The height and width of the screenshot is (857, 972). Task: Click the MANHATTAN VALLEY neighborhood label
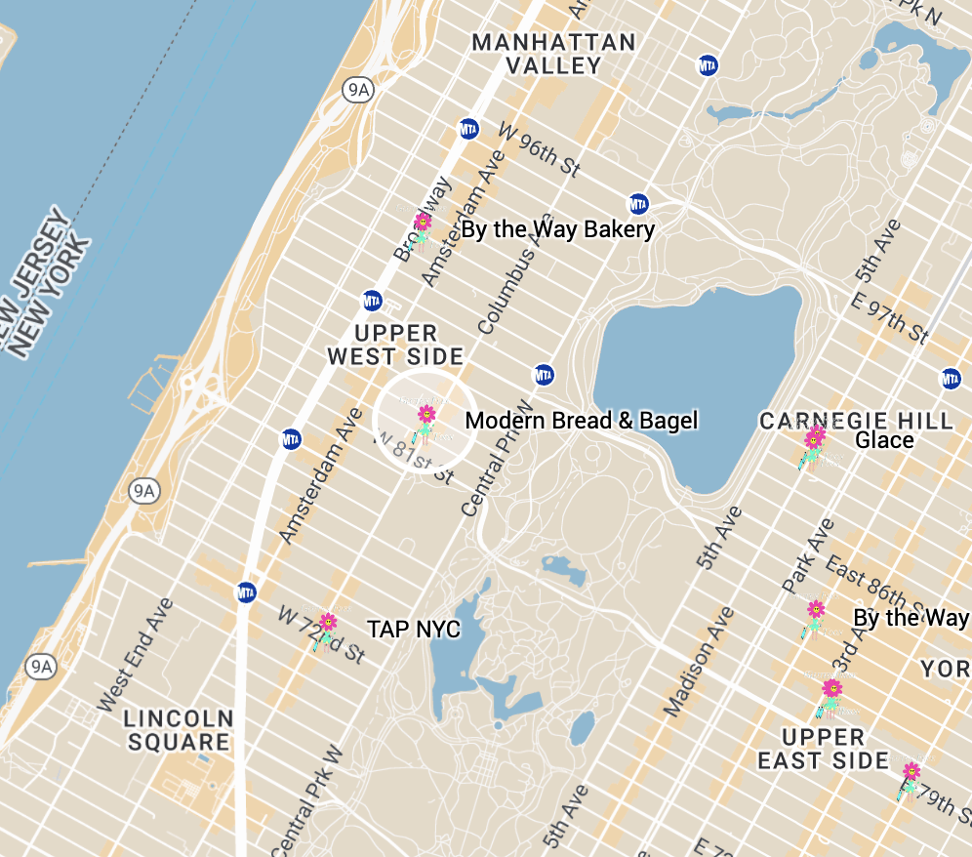(553, 55)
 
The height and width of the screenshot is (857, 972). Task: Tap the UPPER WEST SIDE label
(395, 346)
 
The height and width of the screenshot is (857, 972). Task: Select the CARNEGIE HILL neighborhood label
(856, 421)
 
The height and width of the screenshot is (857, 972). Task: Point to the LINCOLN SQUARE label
(179, 730)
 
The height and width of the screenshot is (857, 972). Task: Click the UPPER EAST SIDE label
(823, 748)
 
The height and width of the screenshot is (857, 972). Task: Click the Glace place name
(884, 440)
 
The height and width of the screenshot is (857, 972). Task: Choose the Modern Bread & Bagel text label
(582, 421)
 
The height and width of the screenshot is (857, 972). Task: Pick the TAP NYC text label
(413, 630)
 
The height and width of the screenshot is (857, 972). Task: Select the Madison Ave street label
(696, 662)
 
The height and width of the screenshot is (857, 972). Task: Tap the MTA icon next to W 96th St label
(469, 129)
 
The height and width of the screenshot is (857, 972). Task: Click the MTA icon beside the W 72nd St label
(246, 592)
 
